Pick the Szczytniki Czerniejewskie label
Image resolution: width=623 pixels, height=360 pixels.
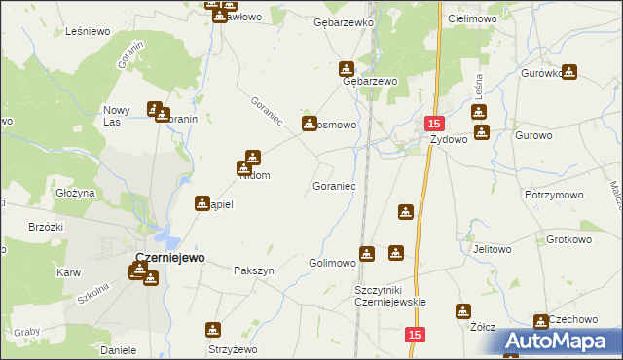390,296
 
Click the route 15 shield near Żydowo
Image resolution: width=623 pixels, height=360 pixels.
434,124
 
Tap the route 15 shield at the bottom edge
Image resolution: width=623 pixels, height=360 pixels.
416,335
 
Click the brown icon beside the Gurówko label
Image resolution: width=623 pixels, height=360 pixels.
569,71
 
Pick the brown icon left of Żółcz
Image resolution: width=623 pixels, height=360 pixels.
462,311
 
